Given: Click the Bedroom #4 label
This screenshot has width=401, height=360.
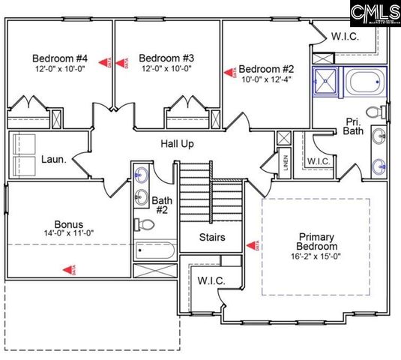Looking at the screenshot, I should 60,58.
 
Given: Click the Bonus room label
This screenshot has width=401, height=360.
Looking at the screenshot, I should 68,223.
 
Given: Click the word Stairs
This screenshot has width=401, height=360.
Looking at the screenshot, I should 213,238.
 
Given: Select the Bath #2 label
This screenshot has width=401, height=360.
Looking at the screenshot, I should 162,205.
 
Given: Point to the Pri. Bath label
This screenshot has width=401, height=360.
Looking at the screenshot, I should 354,127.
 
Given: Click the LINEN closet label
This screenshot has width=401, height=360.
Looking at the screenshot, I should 286,163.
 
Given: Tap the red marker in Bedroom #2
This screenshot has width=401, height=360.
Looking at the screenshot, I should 229,73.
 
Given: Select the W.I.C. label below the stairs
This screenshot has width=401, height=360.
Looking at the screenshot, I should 211,280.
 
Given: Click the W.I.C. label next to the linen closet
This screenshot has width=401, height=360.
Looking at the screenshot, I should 318,161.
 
